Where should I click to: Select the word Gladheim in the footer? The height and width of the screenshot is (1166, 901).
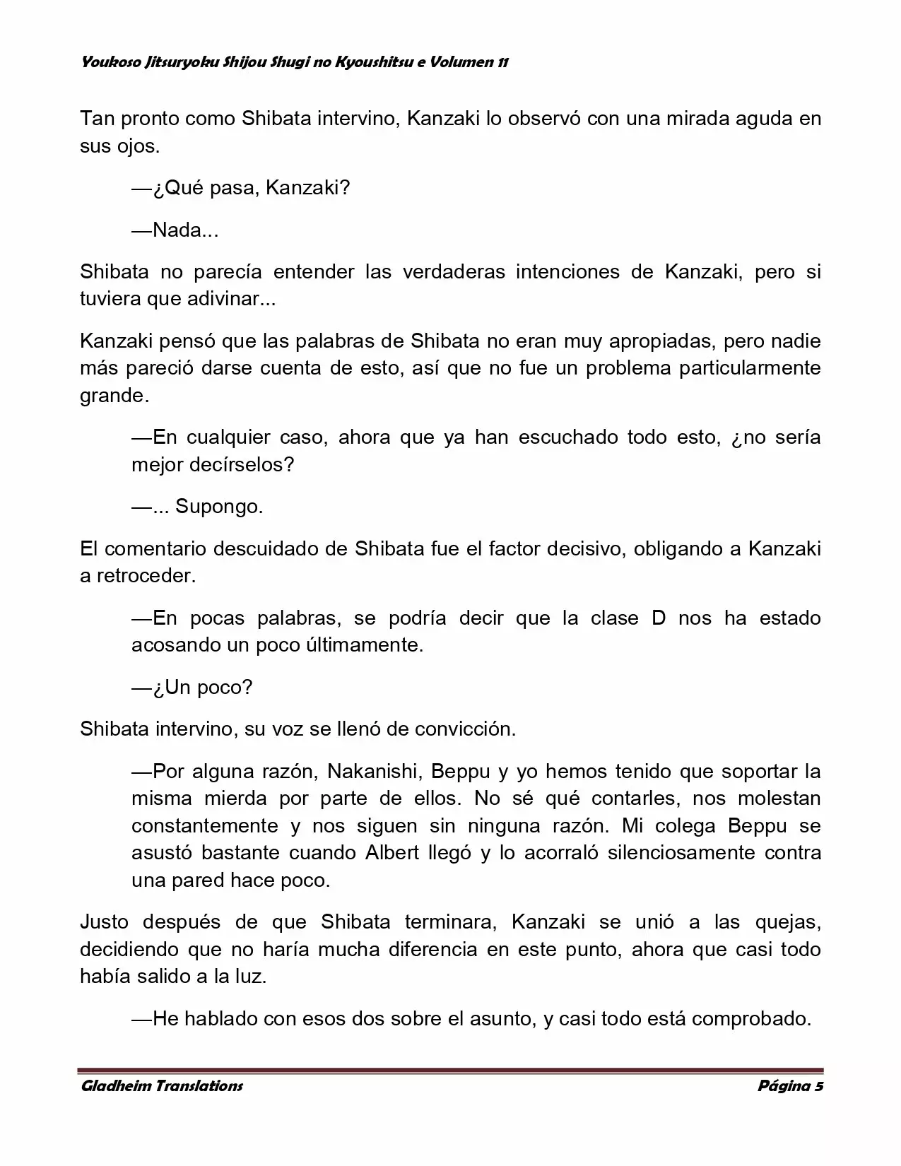(x=112, y=1086)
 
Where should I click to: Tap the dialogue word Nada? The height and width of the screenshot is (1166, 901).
(x=177, y=230)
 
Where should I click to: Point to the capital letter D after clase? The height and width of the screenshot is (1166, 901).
(x=659, y=618)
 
